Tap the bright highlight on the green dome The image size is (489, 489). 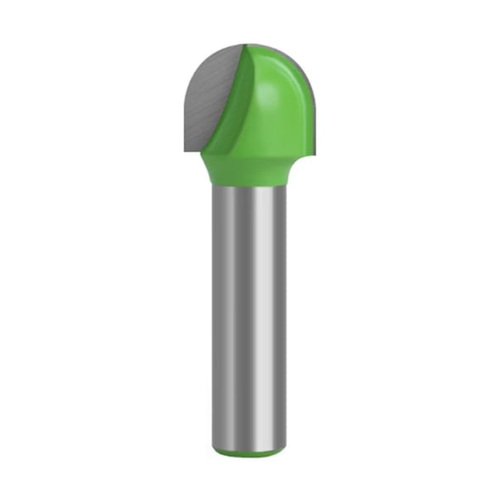pyautogui.click(x=273, y=89)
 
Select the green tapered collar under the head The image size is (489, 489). pyautogui.click(x=246, y=170)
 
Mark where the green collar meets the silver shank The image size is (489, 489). pyautogui.click(x=246, y=186)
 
